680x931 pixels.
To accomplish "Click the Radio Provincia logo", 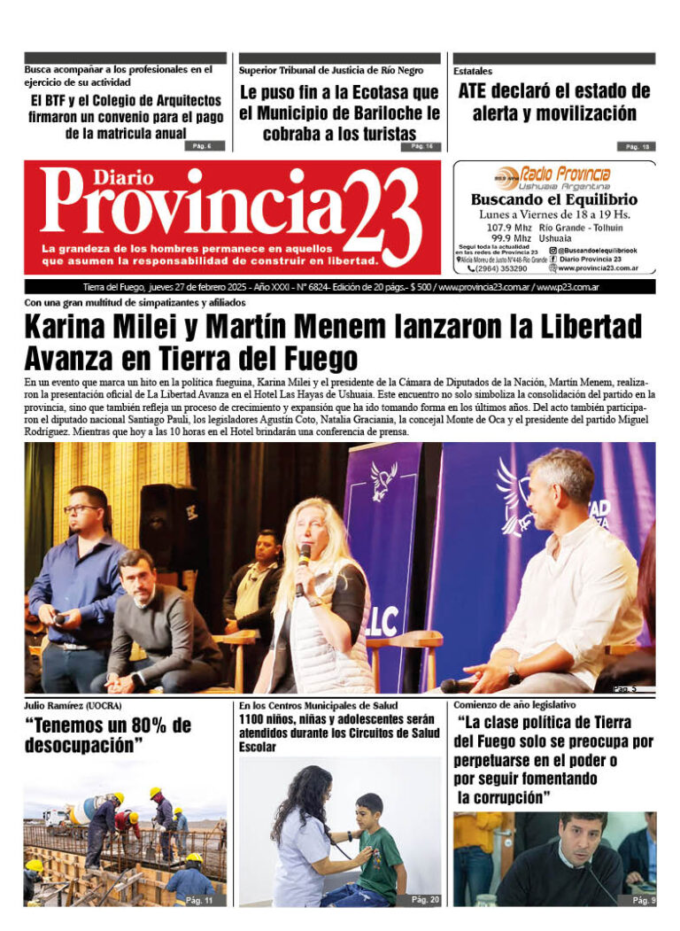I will coord(553,176).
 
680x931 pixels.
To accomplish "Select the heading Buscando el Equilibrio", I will coord(553,200).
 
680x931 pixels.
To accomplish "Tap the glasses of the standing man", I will coord(82,508).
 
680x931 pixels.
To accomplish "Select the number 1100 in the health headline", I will coord(255,719).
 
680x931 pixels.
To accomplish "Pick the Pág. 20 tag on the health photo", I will coord(424,899).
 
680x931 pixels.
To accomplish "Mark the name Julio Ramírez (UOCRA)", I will coord(73,705).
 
